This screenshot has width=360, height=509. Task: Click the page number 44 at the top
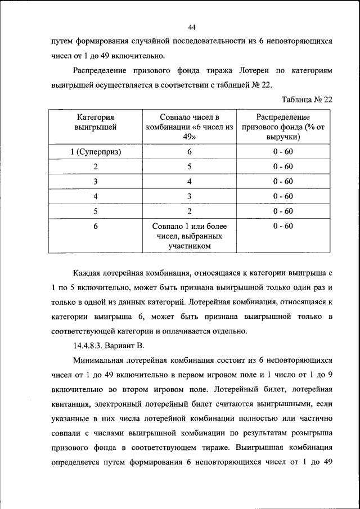click(191, 27)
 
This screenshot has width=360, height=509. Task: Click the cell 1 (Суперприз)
click(96, 152)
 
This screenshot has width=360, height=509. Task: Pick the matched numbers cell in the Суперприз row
click(190, 152)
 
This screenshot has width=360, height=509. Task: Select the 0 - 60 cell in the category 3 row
click(283, 181)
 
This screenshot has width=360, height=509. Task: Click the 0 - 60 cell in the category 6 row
click(283, 226)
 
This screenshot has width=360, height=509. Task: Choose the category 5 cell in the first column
click(96, 211)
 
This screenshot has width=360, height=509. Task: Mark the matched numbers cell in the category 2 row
click(190, 166)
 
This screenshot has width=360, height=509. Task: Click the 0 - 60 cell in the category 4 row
click(283, 196)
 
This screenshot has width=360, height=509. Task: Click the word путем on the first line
click(62, 42)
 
